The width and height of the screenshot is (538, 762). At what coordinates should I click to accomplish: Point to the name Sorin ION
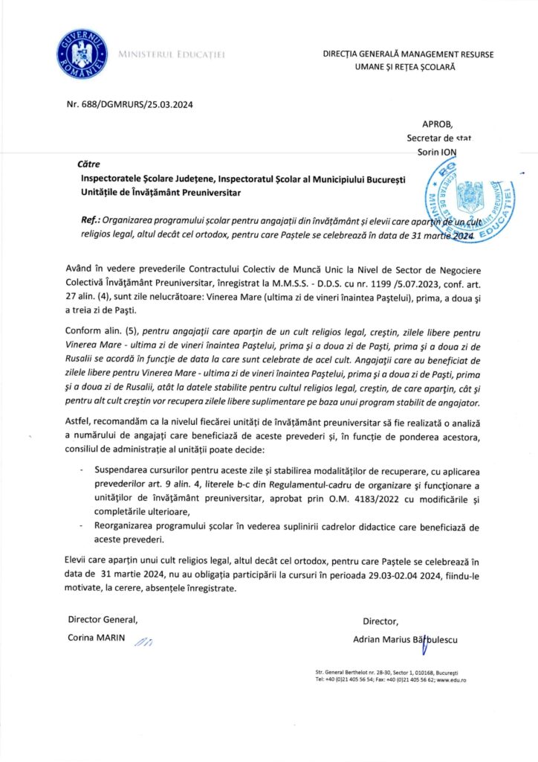pyautogui.click(x=439, y=151)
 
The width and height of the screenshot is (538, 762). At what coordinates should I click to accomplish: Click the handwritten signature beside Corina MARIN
pyautogui.click(x=143, y=641)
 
